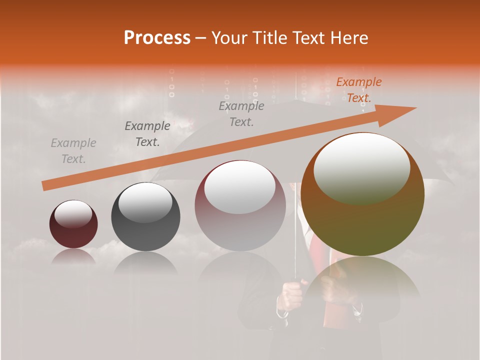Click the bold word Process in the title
coord(157,38)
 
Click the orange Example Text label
coord(358,90)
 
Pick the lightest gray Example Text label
coord(73,151)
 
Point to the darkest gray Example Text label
coord(147,134)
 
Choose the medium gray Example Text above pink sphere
coord(241,114)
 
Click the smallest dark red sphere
coord(73,230)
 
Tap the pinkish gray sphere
coord(240,220)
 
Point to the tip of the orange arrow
coord(415,108)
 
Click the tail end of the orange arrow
coord(44,186)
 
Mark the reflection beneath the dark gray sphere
coord(145,263)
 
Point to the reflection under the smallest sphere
coord(73,256)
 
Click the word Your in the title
coord(229,38)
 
